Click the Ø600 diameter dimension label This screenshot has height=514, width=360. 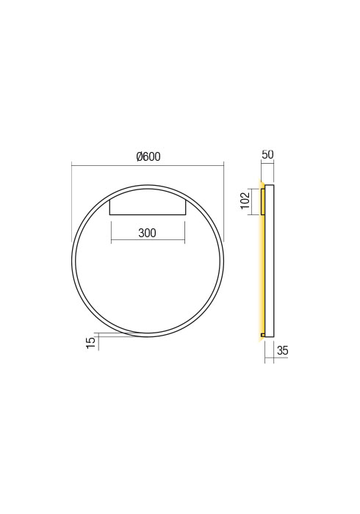click(x=148, y=156)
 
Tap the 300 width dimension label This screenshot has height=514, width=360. click(x=147, y=234)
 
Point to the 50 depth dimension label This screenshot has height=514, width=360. click(x=267, y=155)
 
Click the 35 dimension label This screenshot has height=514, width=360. click(x=282, y=351)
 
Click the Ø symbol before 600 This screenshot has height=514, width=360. click(x=139, y=156)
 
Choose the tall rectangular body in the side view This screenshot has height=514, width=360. click(x=270, y=261)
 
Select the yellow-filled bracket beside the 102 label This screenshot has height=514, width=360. click(x=262, y=201)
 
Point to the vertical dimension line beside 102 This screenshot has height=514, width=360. click(x=253, y=201)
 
